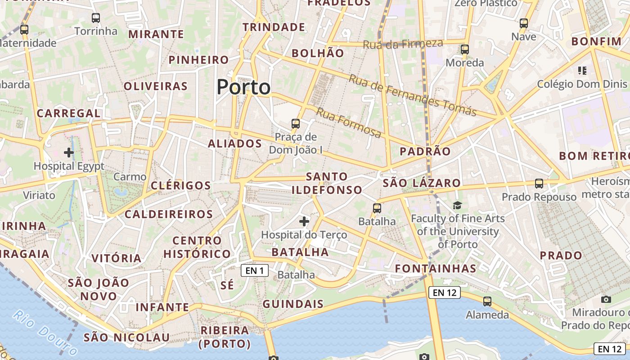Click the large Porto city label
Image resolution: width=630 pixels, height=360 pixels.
click(x=243, y=87)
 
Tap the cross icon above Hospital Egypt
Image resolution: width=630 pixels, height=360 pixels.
click(x=69, y=153)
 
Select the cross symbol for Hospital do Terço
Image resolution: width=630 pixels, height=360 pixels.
click(x=304, y=221)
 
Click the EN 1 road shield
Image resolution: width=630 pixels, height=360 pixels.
click(x=255, y=270)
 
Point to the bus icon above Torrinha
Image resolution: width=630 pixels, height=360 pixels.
click(x=95, y=18)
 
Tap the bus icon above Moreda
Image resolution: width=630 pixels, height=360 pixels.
click(x=465, y=49)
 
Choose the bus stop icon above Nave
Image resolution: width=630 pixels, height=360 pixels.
click(x=523, y=23)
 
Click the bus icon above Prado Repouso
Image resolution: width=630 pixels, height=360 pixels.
click(x=539, y=184)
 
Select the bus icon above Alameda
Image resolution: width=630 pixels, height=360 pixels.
click(x=487, y=301)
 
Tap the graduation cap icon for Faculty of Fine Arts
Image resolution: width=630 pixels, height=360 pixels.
click(x=457, y=205)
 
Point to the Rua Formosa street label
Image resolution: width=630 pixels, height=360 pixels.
click(x=349, y=122)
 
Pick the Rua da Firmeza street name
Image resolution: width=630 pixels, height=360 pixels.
click(x=403, y=44)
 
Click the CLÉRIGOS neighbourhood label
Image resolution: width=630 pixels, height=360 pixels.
click(x=181, y=185)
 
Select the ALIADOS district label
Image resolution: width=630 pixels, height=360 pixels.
click(x=235, y=144)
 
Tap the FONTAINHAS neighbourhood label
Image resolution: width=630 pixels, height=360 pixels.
click(x=436, y=269)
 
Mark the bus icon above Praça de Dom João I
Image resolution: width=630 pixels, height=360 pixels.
click(x=295, y=123)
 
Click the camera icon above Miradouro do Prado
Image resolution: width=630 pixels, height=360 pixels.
click(x=606, y=299)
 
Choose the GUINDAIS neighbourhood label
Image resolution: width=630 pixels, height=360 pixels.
click(x=293, y=304)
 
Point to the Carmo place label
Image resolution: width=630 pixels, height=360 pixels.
click(x=130, y=177)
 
